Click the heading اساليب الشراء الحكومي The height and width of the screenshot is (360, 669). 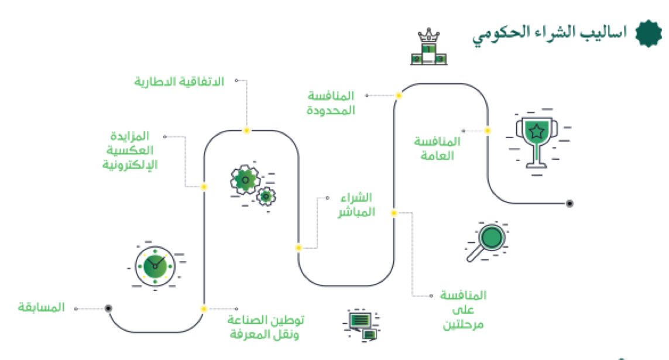click(550, 33)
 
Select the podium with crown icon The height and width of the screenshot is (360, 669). click(431, 48)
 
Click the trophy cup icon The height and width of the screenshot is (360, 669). click(536, 139)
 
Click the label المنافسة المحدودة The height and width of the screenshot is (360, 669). click(331, 102)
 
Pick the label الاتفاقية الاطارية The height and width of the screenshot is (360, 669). click(179, 81)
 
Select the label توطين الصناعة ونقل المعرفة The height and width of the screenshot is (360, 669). click(266, 327)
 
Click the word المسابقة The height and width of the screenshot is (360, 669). click(41, 308)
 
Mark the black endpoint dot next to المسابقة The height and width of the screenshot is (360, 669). click(108, 308)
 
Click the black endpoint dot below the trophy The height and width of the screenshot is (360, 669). click(569, 204)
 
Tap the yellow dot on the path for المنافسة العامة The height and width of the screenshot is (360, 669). click(488, 131)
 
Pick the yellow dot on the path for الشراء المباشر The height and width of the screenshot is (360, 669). click(299, 248)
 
